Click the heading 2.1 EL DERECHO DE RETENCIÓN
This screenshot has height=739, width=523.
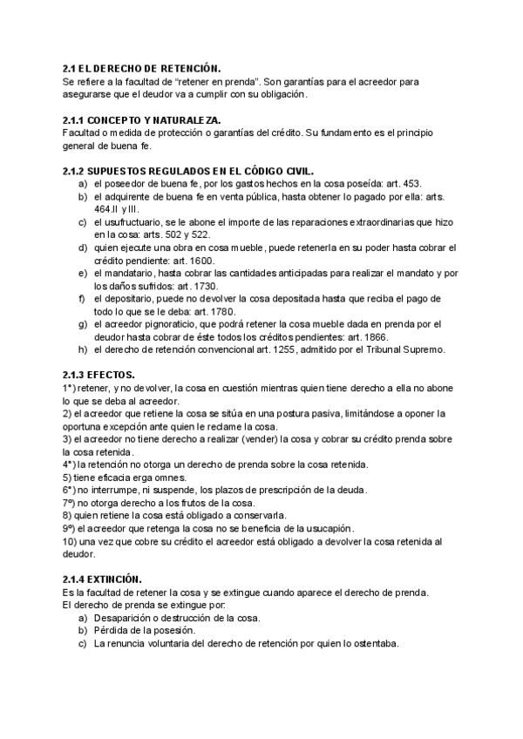coord(142,67)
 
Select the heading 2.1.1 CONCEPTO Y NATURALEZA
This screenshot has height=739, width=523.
coord(142,119)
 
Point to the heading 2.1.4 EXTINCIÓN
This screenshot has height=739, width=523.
coord(103,580)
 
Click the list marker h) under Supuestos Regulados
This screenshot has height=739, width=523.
coord(81,349)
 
